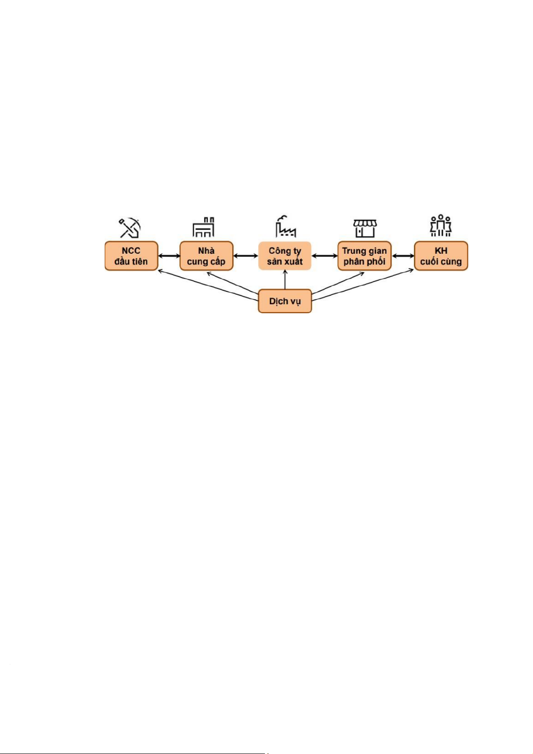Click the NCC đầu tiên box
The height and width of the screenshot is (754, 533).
click(131, 256)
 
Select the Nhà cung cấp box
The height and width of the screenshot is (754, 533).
click(206, 256)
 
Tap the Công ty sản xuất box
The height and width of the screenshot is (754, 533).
click(285, 256)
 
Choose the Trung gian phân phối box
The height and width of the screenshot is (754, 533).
click(365, 256)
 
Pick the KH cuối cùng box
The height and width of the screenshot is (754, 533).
click(441, 256)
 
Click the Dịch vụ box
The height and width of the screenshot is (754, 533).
click(285, 301)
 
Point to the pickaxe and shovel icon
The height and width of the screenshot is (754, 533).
click(130, 228)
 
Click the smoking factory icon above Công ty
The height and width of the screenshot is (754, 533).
click(286, 226)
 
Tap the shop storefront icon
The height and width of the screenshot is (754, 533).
click(365, 229)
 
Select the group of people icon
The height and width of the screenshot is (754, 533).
click(441, 226)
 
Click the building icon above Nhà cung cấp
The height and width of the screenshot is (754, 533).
click(203, 227)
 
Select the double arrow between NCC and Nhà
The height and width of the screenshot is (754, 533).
click(169, 256)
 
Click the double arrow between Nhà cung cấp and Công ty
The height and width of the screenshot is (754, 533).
click(246, 256)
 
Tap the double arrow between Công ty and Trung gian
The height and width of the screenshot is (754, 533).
click(324, 256)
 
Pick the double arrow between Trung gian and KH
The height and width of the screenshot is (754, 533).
click(403, 256)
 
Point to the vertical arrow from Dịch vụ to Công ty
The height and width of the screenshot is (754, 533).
click(285, 280)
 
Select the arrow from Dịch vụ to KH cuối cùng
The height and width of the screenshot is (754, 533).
click(362, 284)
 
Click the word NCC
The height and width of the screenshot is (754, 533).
click(131, 251)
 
